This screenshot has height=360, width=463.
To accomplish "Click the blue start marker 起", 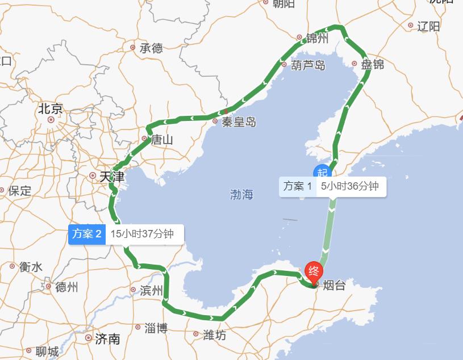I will pyautogui.click(x=323, y=173).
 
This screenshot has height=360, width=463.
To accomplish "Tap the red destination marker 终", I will pyautogui.click(x=313, y=271).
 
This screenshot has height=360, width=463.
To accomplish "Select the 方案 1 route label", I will pyautogui.click(x=298, y=186).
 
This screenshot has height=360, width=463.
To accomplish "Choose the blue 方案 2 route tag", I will pyautogui.click(x=87, y=233).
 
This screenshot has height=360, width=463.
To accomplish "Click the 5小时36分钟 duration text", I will pyautogui.click(x=349, y=186).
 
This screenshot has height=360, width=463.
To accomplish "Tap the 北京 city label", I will pyautogui.click(x=51, y=109).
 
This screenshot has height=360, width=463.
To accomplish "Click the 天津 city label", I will pyautogui.click(x=111, y=177).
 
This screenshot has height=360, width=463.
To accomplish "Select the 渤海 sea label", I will pyautogui.click(x=241, y=195).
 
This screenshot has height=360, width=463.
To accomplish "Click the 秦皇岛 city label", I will pyautogui.click(x=239, y=122).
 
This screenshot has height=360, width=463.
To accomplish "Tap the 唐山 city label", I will pyautogui.click(x=161, y=139).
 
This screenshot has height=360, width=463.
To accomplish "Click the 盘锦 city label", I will pyautogui.click(x=373, y=64).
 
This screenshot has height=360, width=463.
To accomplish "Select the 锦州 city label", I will pyautogui.click(x=317, y=39).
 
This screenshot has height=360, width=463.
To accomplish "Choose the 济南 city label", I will pyautogui.click(x=107, y=339).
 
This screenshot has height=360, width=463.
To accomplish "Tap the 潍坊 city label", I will pyautogui.click(x=214, y=336).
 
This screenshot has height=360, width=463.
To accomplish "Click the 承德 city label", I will pyautogui.click(x=151, y=48).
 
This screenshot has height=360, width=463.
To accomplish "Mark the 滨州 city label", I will pyautogui.click(x=151, y=291).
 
